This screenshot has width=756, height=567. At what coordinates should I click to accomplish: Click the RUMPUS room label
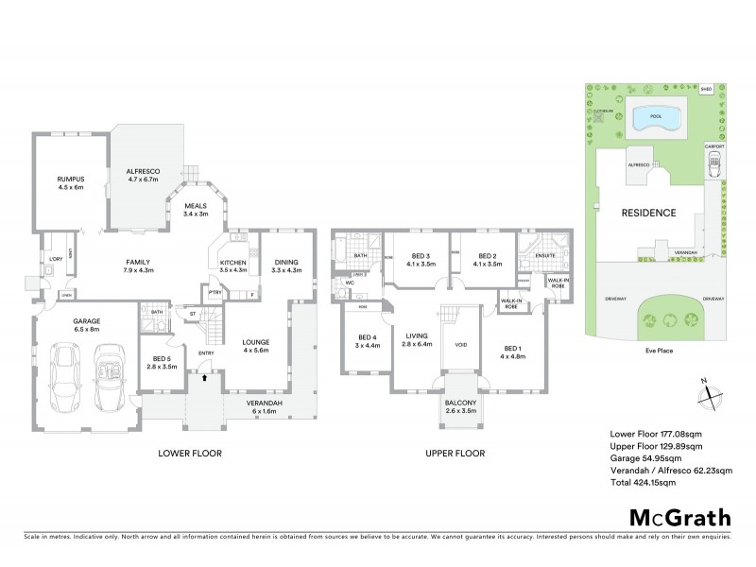[70, 177]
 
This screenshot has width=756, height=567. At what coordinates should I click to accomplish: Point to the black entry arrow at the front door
[204, 376]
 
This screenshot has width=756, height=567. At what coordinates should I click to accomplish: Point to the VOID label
[461, 345]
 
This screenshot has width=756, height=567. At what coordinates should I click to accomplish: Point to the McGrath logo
[679, 516]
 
